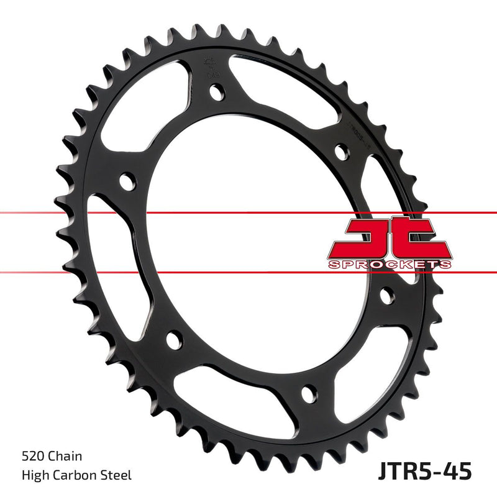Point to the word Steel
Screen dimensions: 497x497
[x=118, y=475]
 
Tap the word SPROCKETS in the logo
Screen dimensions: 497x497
[x=390, y=265]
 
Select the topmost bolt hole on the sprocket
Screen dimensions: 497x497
[x=216, y=93]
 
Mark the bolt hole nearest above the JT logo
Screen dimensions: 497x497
[x=340, y=152]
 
